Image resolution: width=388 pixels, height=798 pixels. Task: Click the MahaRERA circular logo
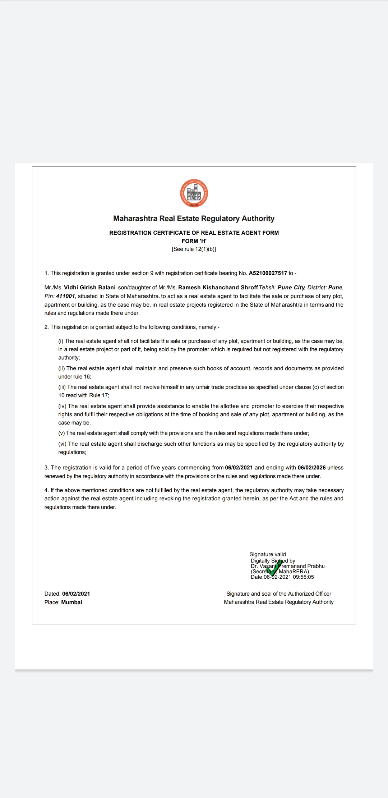[194, 193]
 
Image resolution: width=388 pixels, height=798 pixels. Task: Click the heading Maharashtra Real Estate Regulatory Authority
[194, 219]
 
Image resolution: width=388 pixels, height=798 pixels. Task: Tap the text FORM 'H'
[194, 241]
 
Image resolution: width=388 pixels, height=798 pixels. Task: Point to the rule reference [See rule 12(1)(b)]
[194, 249]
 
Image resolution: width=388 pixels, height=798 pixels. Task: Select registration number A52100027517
[268, 273]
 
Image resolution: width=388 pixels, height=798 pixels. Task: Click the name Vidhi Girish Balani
[90, 288]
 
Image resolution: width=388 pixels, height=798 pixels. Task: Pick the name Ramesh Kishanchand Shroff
[218, 288]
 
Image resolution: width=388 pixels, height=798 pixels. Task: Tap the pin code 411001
[65, 296]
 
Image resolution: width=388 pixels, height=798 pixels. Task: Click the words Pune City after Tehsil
[291, 288]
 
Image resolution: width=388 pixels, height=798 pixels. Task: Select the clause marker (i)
[61, 341]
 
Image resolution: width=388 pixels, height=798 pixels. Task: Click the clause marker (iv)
[62, 406]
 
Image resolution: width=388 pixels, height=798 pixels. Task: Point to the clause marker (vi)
[62, 444]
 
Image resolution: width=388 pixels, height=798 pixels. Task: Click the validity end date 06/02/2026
[311, 468]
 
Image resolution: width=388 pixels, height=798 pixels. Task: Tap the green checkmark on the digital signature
[274, 569]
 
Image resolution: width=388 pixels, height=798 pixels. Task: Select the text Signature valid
[268, 554]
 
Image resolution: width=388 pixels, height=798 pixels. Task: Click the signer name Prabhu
[316, 566]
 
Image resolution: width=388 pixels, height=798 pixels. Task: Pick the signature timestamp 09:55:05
[303, 577]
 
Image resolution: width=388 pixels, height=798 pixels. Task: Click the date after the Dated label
[76, 594]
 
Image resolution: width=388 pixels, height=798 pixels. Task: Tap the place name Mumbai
[71, 602]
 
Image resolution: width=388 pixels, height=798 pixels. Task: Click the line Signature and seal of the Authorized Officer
[279, 594]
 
